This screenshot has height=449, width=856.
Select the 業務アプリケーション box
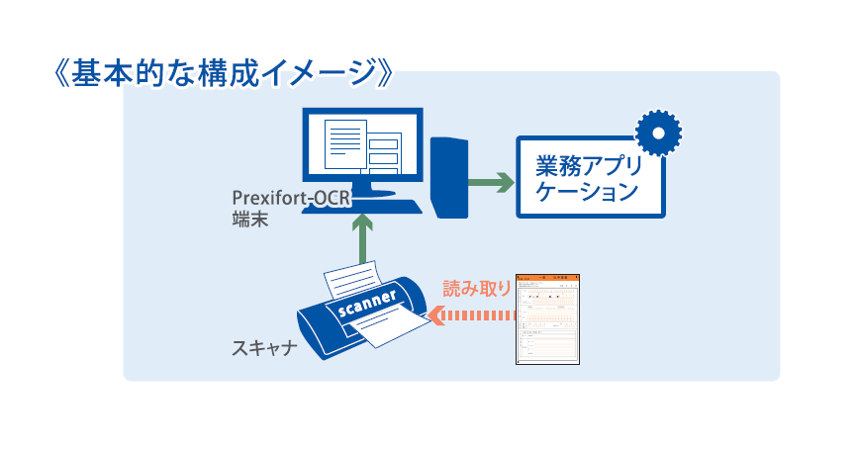[588, 176]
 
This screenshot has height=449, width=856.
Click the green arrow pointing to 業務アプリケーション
[492, 182]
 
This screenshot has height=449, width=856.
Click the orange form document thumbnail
[550, 319]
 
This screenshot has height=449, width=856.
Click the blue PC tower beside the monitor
[450, 176]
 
